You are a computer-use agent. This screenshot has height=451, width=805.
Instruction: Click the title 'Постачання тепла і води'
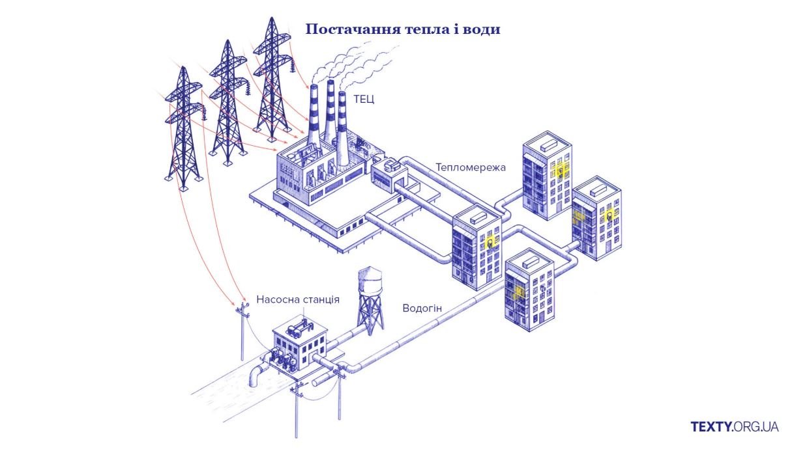[403, 29]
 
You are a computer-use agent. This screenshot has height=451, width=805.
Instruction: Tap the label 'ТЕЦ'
[364, 100]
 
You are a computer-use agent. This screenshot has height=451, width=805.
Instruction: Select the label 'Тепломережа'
[471, 167]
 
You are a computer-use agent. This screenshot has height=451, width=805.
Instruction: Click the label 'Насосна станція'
[297, 300]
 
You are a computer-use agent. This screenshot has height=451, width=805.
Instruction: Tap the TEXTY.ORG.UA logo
[735, 427]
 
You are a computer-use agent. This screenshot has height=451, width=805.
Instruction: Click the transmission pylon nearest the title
[272, 75]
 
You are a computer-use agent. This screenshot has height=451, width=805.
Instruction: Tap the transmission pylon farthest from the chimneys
[183, 127]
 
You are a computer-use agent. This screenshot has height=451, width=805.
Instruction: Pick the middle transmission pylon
[227, 101]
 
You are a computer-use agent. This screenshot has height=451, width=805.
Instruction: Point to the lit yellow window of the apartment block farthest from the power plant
[609, 217]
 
